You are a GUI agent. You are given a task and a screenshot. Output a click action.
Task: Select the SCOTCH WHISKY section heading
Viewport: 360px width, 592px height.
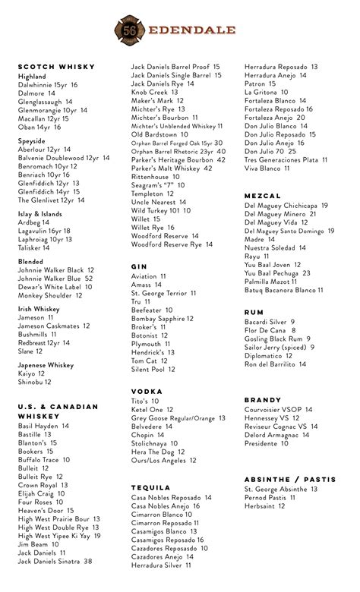point(56,67)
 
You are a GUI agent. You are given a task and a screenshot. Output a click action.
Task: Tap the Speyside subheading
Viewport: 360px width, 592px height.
point(31,141)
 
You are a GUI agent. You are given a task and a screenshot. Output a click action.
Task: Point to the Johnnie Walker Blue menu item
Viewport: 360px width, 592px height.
point(55,279)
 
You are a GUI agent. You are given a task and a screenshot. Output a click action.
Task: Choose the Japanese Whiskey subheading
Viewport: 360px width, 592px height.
point(46,365)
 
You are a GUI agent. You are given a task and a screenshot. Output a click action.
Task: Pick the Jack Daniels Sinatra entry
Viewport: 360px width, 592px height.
point(55,561)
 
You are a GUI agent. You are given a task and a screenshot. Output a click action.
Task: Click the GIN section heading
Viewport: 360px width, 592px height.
point(139,267)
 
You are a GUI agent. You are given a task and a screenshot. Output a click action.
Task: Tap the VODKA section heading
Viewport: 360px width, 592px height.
point(147,392)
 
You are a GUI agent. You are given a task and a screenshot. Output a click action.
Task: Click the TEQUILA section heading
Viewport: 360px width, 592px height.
point(150,487)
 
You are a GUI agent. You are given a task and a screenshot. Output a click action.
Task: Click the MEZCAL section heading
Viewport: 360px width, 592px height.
point(263,196)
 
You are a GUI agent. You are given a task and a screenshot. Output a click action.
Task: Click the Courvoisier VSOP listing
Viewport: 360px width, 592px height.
point(278,409)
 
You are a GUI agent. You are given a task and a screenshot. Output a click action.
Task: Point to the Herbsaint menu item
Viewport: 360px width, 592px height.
point(265,506)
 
